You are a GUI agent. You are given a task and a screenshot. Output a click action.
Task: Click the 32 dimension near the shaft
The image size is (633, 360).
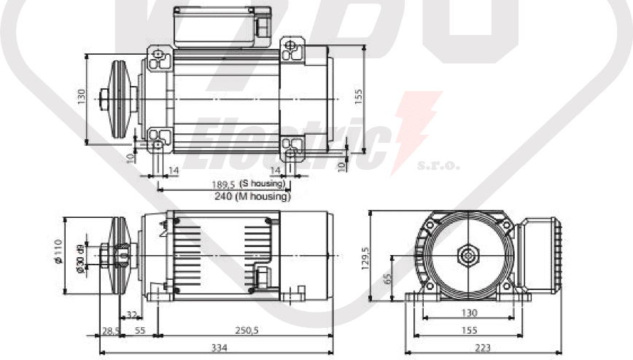click(x=132, y=316)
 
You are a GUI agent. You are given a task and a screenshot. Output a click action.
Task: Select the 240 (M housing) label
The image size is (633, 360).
click(x=252, y=196)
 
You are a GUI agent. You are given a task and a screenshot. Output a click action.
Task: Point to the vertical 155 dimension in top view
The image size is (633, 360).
click(x=358, y=98)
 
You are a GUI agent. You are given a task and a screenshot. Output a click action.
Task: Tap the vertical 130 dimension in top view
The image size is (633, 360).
click(x=82, y=96)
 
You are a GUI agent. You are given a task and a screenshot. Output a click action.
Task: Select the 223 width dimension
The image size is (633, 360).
click(x=483, y=348)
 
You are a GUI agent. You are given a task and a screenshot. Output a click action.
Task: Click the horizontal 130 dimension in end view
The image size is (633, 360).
click(x=468, y=313)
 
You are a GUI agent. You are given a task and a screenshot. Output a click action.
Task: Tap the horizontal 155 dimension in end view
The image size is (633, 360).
click(x=468, y=330)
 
